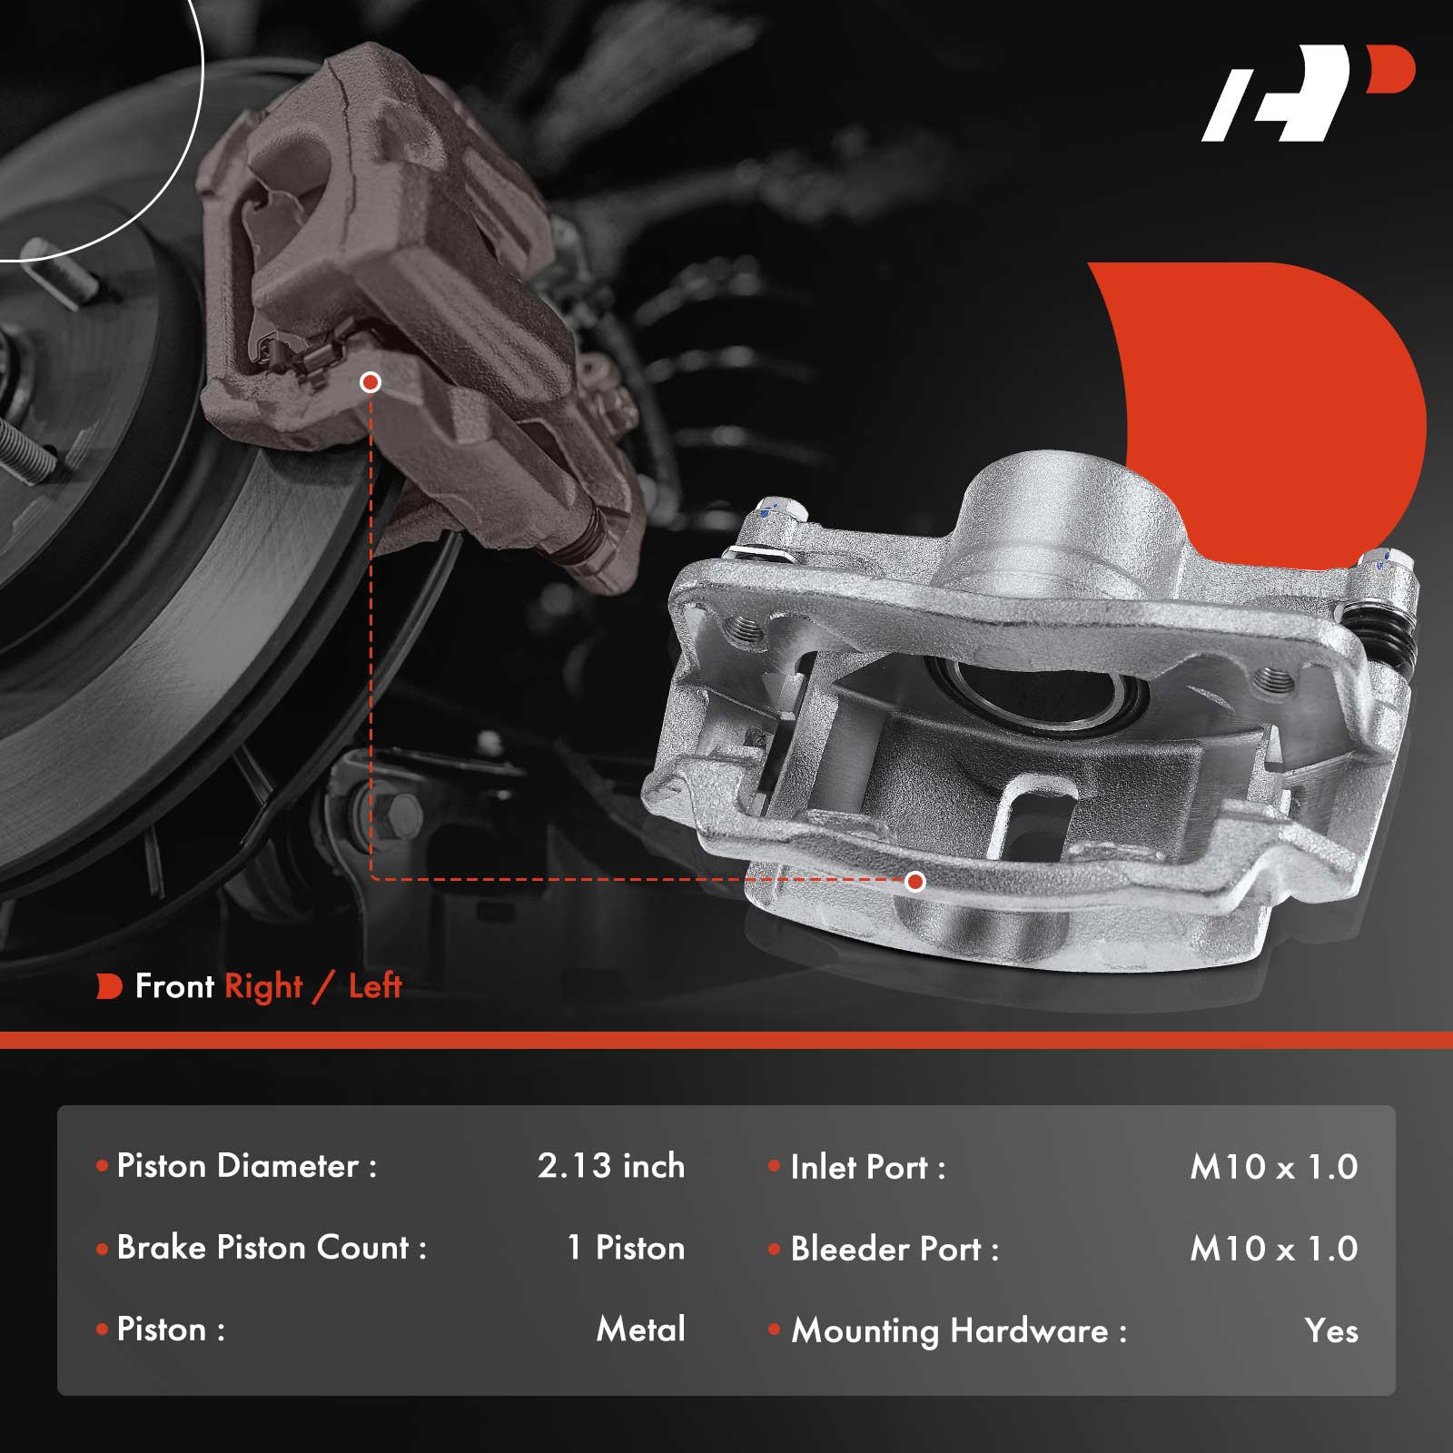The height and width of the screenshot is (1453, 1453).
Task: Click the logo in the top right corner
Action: tap(1308, 94)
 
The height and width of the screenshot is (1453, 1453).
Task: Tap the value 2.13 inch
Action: tap(611, 1166)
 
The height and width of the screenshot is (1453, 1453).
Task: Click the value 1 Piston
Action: tap(626, 1248)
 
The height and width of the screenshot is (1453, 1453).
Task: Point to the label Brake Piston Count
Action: tap(272, 1248)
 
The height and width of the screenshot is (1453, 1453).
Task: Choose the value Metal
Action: tap(640, 1329)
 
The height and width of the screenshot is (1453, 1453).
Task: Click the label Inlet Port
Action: tap(867, 1167)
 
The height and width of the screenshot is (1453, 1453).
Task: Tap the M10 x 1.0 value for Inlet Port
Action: tap(1274, 1167)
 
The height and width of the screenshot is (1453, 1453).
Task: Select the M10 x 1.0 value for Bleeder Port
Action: tap(1274, 1249)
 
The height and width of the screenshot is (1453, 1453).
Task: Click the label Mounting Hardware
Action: tap(958, 1331)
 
